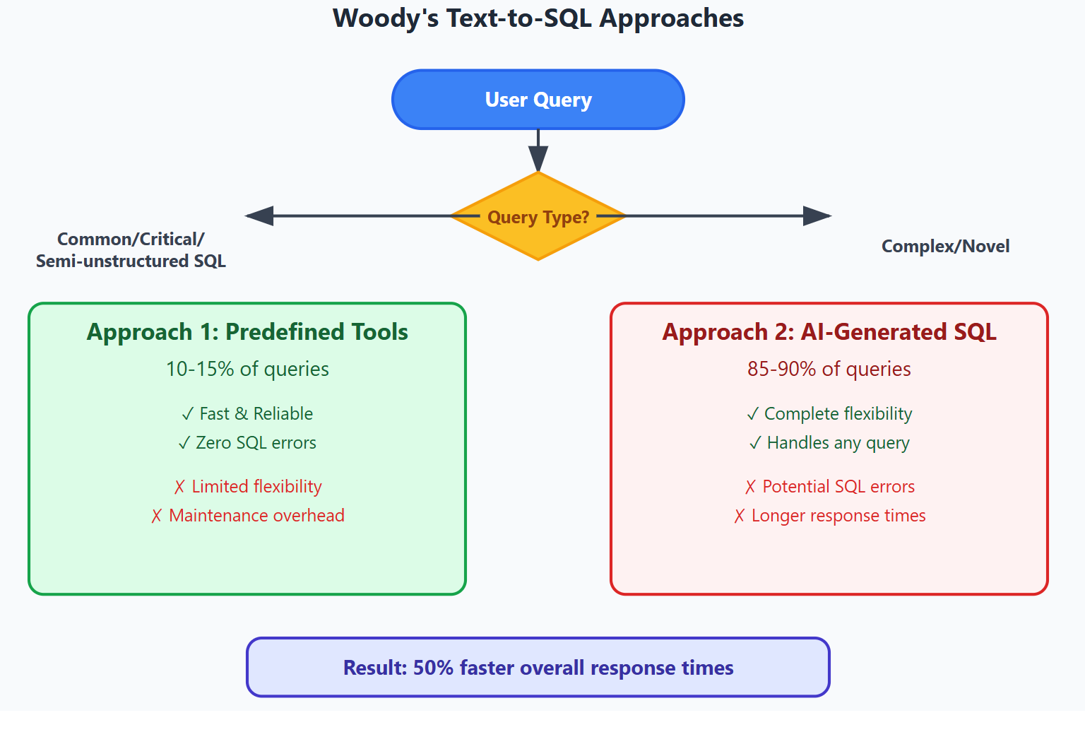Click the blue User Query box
point(538,100)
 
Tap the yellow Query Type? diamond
point(538,216)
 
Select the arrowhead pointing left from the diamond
point(260,216)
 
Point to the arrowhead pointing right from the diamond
point(817,216)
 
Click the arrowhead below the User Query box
point(538,159)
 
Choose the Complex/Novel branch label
point(946,246)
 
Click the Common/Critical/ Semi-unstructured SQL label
point(131,250)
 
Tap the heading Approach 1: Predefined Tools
point(247,332)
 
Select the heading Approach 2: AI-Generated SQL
point(829,332)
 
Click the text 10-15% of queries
point(247,369)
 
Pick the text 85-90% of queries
point(829,369)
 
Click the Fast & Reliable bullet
point(247,414)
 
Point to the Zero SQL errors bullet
point(247,443)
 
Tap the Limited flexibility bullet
point(247,486)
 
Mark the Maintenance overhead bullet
point(247,516)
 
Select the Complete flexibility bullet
point(829,414)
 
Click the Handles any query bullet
point(829,443)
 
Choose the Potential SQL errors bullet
point(829,486)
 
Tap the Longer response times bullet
point(829,516)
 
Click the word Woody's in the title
point(386,18)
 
